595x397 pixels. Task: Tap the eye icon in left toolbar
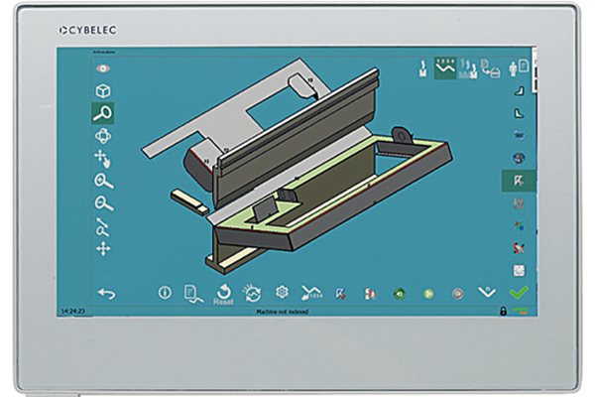[x=102, y=68]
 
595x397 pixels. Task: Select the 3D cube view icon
[x=102, y=90]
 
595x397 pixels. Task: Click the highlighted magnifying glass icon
[x=102, y=112]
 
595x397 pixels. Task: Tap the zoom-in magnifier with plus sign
[x=102, y=181]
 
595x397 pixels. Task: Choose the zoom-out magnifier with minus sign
[x=102, y=203]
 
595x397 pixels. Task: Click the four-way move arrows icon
[x=102, y=248]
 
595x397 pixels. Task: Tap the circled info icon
[x=165, y=293]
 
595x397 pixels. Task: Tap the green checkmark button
[x=517, y=293]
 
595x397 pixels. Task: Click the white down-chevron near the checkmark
[x=486, y=293]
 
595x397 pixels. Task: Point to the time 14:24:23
[x=72, y=312]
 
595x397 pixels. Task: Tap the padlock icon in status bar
[x=504, y=312]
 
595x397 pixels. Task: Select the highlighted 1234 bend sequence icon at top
[x=443, y=68]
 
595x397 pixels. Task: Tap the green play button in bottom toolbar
[x=428, y=294]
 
